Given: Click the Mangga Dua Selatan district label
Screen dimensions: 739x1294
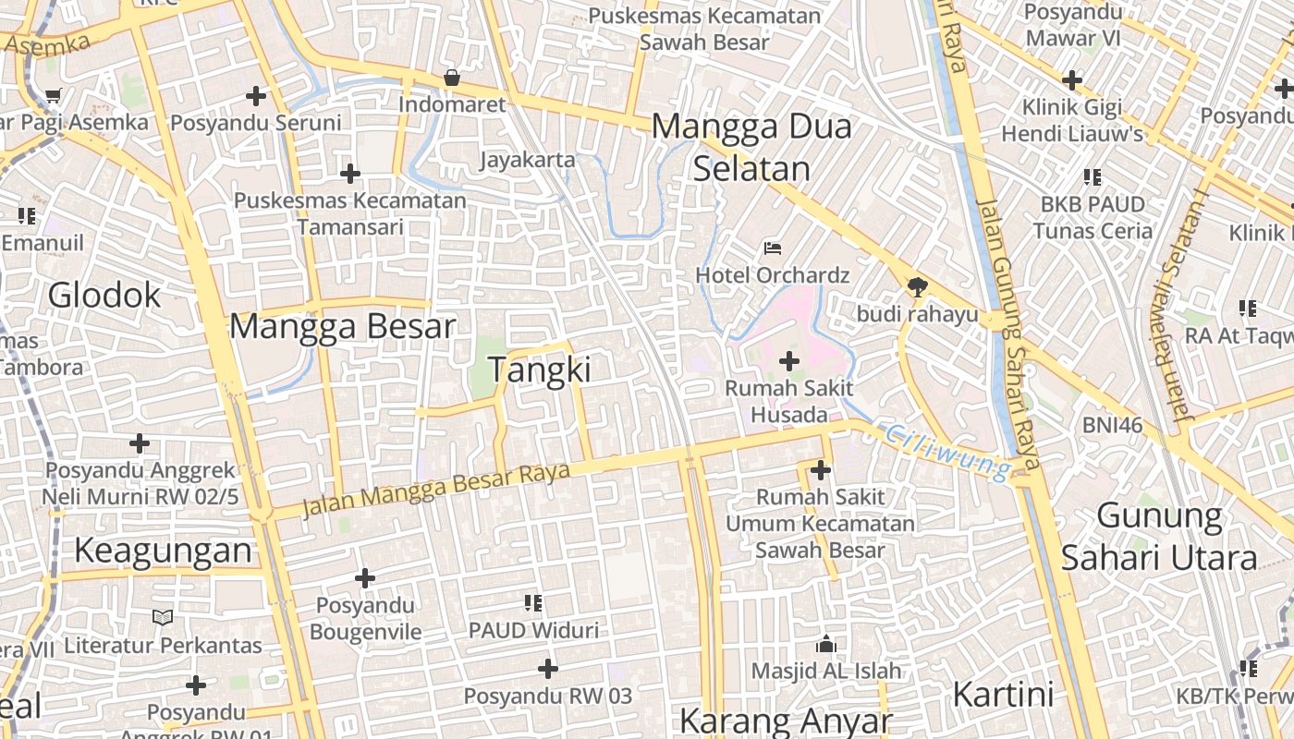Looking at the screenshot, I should [751, 148].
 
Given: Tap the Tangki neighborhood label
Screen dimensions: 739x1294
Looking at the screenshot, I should [540, 369].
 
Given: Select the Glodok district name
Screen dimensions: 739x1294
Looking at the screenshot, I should [104, 296].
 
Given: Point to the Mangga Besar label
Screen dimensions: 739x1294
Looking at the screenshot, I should [343, 326].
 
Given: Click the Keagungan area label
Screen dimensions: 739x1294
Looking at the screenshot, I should [163, 551].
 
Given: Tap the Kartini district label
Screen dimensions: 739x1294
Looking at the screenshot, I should [1003, 693].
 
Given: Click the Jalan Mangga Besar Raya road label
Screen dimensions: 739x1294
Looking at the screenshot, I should [436, 487].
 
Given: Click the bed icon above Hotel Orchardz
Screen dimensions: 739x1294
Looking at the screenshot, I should [773, 248].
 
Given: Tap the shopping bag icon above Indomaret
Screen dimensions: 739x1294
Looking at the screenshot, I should [452, 78].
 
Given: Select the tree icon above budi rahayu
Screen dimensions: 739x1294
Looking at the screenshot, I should [917, 286].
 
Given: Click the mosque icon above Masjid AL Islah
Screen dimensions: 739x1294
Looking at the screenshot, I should [825, 643].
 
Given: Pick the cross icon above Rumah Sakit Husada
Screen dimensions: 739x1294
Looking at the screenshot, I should [789, 361].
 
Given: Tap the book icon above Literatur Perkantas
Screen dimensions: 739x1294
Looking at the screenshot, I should [163, 617].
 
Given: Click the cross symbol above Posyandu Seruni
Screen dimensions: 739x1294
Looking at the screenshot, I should [256, 95].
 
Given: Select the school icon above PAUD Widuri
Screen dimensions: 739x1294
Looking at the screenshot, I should [533, 603].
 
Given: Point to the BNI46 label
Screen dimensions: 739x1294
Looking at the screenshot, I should [1113, 426].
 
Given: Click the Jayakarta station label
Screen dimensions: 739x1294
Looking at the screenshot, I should [527, 160].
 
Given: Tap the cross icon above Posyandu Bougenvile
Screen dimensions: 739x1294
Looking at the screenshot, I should [365, 578].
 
